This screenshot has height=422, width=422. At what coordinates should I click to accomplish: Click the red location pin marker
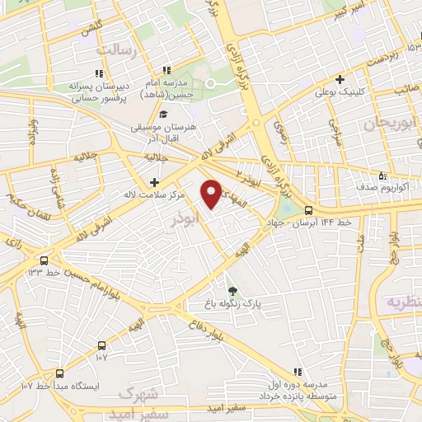pos(212,193)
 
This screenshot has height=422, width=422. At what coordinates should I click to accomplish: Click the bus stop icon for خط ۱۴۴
pos(308,209)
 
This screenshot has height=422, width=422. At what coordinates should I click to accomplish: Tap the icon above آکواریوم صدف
pos(381,175)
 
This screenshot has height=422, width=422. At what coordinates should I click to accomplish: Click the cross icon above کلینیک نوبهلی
pos(339,79)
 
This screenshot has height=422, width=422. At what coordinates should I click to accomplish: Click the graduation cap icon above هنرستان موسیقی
pos(163,115)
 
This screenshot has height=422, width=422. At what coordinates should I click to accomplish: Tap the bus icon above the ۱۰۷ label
pos(101,345)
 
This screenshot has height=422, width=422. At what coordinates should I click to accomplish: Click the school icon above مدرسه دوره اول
pos(298,372)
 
